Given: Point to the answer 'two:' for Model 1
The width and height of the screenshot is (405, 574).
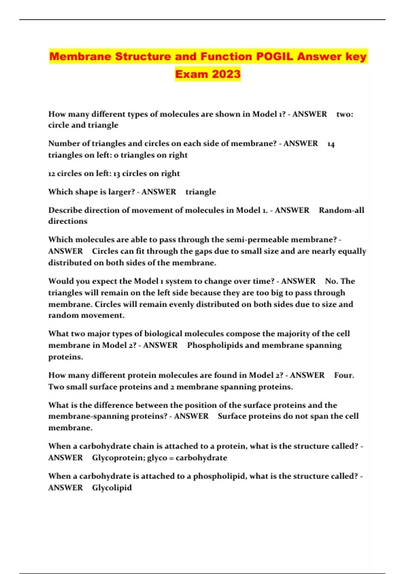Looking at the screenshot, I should click(345, 114).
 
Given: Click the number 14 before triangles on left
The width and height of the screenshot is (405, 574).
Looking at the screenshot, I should click(331, 144).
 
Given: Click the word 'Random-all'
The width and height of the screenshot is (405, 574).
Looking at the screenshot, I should click(342, 210).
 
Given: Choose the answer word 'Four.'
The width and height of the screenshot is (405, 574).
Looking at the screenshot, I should click(344, 375).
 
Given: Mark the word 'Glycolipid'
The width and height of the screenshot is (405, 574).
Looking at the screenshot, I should click(112, 488).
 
